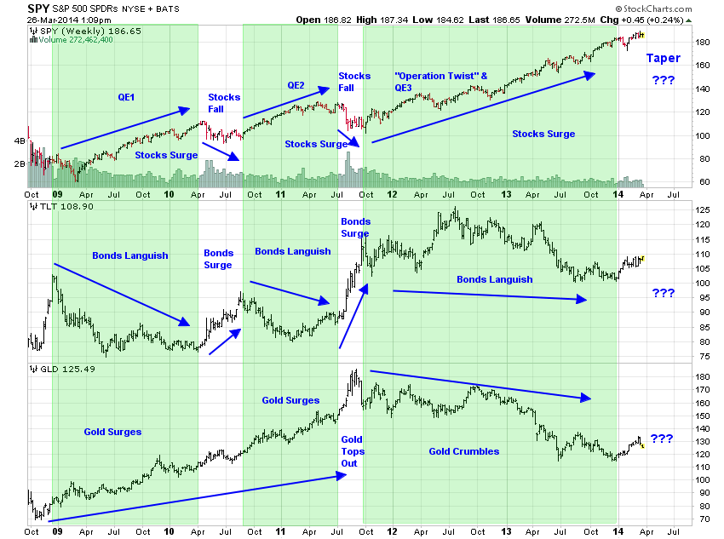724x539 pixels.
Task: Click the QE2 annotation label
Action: [x=296, y=84]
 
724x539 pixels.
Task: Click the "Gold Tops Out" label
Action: [x=352, y=450]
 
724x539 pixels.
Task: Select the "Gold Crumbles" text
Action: [x=463, y=450]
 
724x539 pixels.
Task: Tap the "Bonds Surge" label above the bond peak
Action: [x=354, y=227]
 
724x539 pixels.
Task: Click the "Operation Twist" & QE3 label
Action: [x=441, y=81]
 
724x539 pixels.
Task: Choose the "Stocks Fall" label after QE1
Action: [x=223, y=103]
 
